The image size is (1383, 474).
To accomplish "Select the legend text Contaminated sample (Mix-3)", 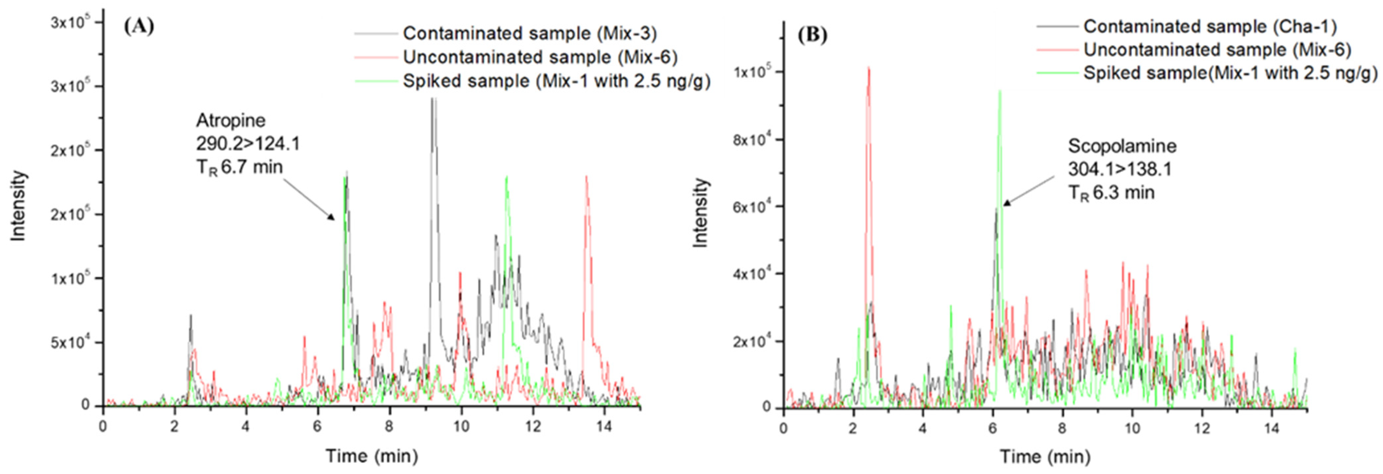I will pos(529,33).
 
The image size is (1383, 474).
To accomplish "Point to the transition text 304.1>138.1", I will pos(1119,169).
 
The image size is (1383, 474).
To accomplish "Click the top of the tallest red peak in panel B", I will pos(868,68).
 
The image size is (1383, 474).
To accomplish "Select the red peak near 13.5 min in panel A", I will pos(586,178).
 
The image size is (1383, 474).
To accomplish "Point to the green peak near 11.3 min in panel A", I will pos(506,178).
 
